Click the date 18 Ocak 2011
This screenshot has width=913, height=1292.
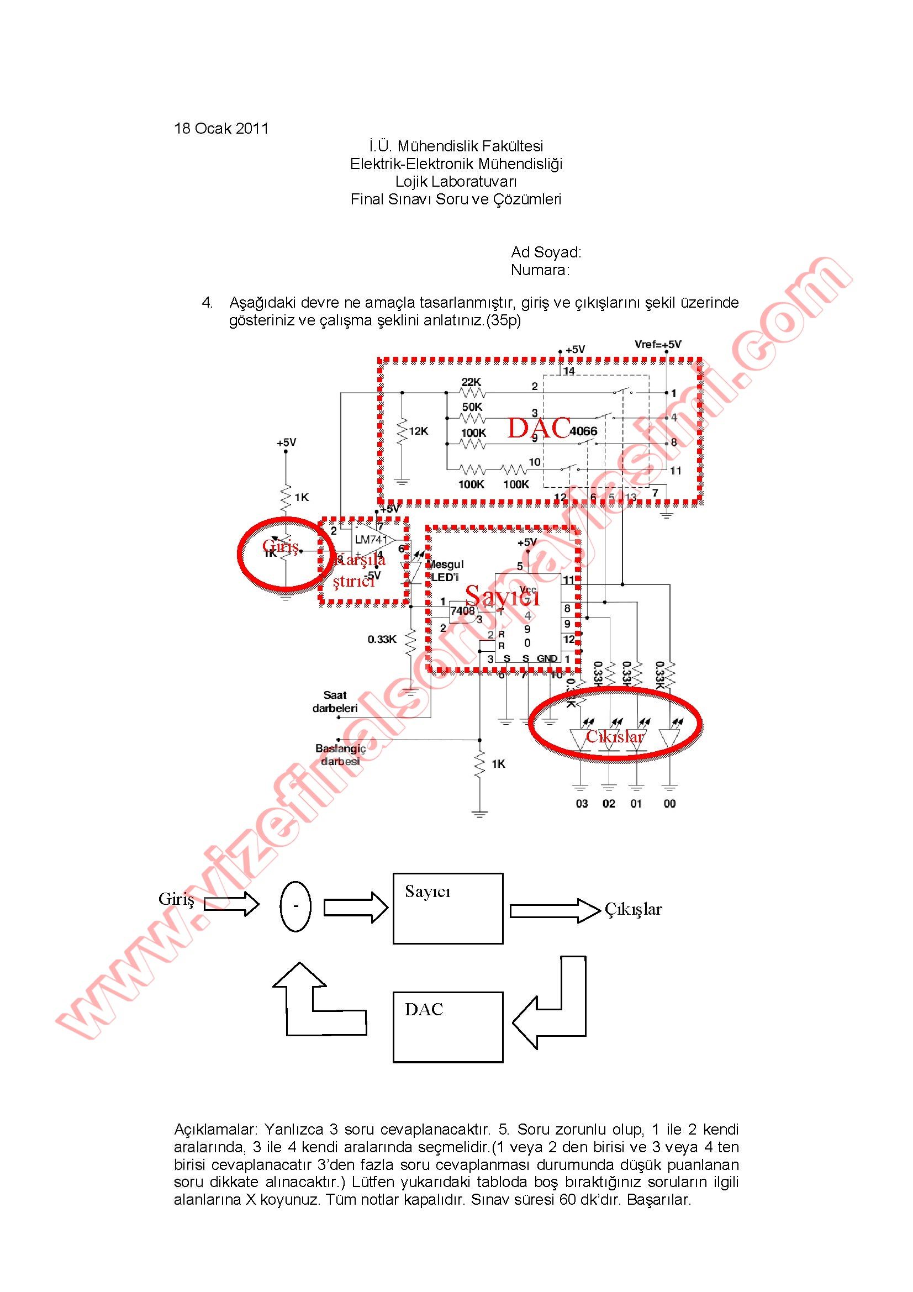[221, 128]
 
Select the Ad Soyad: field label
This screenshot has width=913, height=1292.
[546, 251]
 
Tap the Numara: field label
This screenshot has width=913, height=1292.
[540, 270]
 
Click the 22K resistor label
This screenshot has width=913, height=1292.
[471, 382]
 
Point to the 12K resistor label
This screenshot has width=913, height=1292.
[419, 431]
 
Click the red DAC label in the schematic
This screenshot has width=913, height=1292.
[539, 428]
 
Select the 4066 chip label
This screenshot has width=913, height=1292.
[583, 431]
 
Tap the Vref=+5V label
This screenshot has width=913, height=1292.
[658, 344]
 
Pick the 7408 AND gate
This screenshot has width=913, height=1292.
[463, 610]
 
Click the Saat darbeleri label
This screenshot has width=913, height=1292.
[335, 702]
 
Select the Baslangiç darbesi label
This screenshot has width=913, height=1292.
[340, 755]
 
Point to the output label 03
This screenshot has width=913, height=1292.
[582, 804]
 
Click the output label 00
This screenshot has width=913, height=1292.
[669, 804]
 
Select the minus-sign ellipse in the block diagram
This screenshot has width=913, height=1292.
[295, 906]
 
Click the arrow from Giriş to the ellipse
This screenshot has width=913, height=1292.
[231, 904]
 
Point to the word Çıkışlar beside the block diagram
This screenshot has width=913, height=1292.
[634, 909]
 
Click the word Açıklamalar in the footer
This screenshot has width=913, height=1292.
[215, 1130]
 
